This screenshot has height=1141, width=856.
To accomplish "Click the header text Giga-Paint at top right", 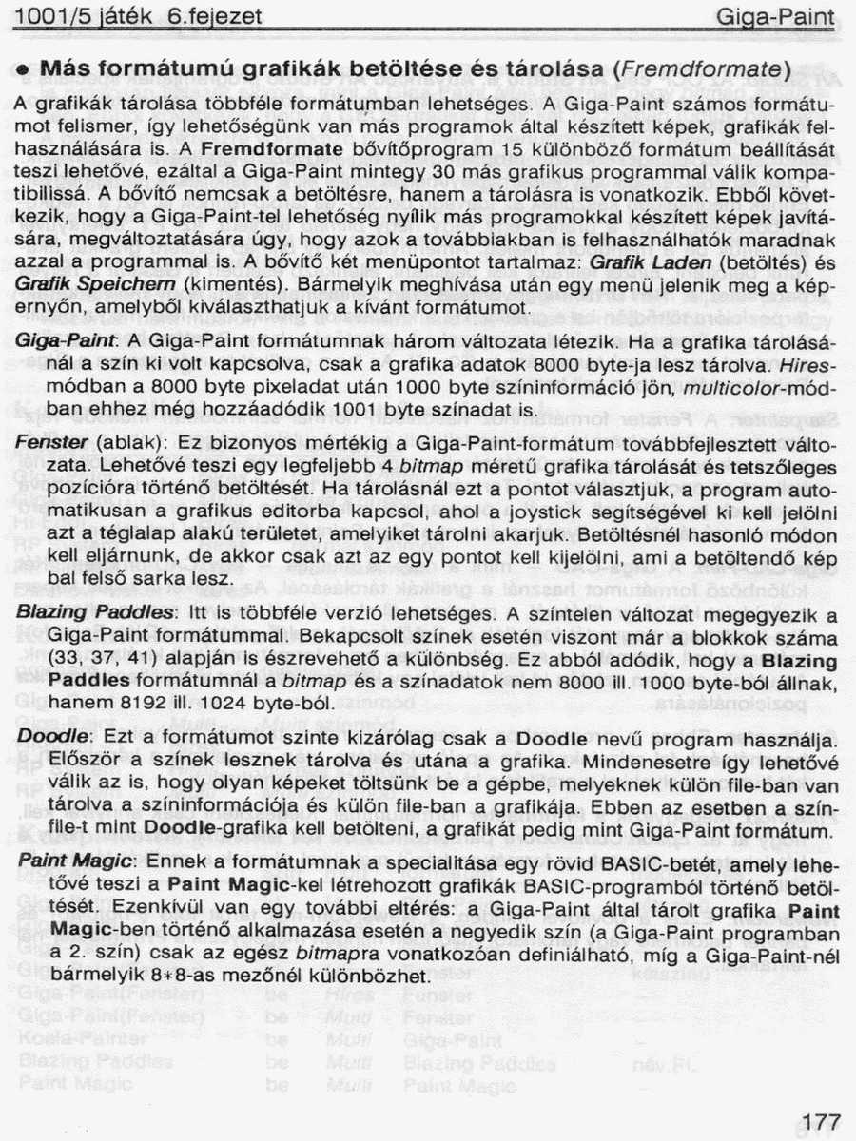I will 774,16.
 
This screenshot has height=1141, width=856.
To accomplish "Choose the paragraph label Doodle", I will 49,738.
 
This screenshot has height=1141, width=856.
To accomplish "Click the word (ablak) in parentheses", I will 127,445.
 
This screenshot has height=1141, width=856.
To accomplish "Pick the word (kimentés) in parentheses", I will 224,284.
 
